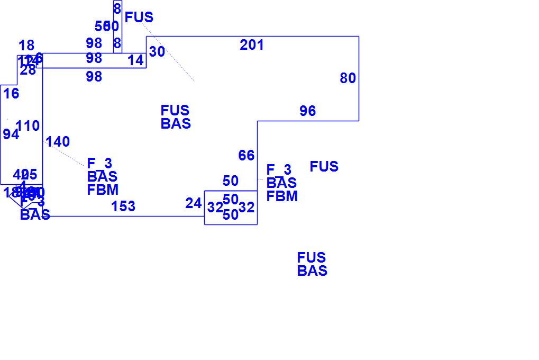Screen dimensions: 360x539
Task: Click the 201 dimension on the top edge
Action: pyautogui.click(x=252, y=46)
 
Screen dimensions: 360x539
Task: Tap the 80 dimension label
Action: pyautogui.click(x=348, y=78)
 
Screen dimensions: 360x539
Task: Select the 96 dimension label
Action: pyautogui.click(x=307, y=111)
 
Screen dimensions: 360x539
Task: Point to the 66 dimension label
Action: pyautogui.click(x=246, y=156)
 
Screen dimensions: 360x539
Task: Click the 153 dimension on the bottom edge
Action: pyautogui.click(x=123, y=206)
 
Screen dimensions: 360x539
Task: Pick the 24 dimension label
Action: pyautogui.click(x=194, y=203)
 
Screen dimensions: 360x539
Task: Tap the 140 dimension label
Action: pyautogui.click(x=58, y=142)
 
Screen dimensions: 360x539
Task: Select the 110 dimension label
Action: pyautogui.click(x=28, y=126)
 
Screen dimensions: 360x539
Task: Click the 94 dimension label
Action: pyautogui.click(x=11, y=134)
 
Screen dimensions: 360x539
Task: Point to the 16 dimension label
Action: pyautogui.click(x=11, y=94)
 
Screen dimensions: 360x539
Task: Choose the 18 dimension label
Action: pyautogui.click(x=26, y=46)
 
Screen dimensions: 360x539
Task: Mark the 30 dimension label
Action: pyautogui.click(x=157, y=52)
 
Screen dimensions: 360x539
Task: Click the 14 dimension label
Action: pyautogui.click(x=135, y=61)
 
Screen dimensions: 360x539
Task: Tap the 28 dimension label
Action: pyautogui.click(x=28, y=70)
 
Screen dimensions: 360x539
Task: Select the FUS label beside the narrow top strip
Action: pyautogui.click(x=139, y=17)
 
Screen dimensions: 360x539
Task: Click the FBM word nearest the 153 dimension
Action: pyautogui.click(x=103, y=190)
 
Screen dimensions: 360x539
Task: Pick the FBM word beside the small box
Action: pyautogui.click(x=282, y=196)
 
